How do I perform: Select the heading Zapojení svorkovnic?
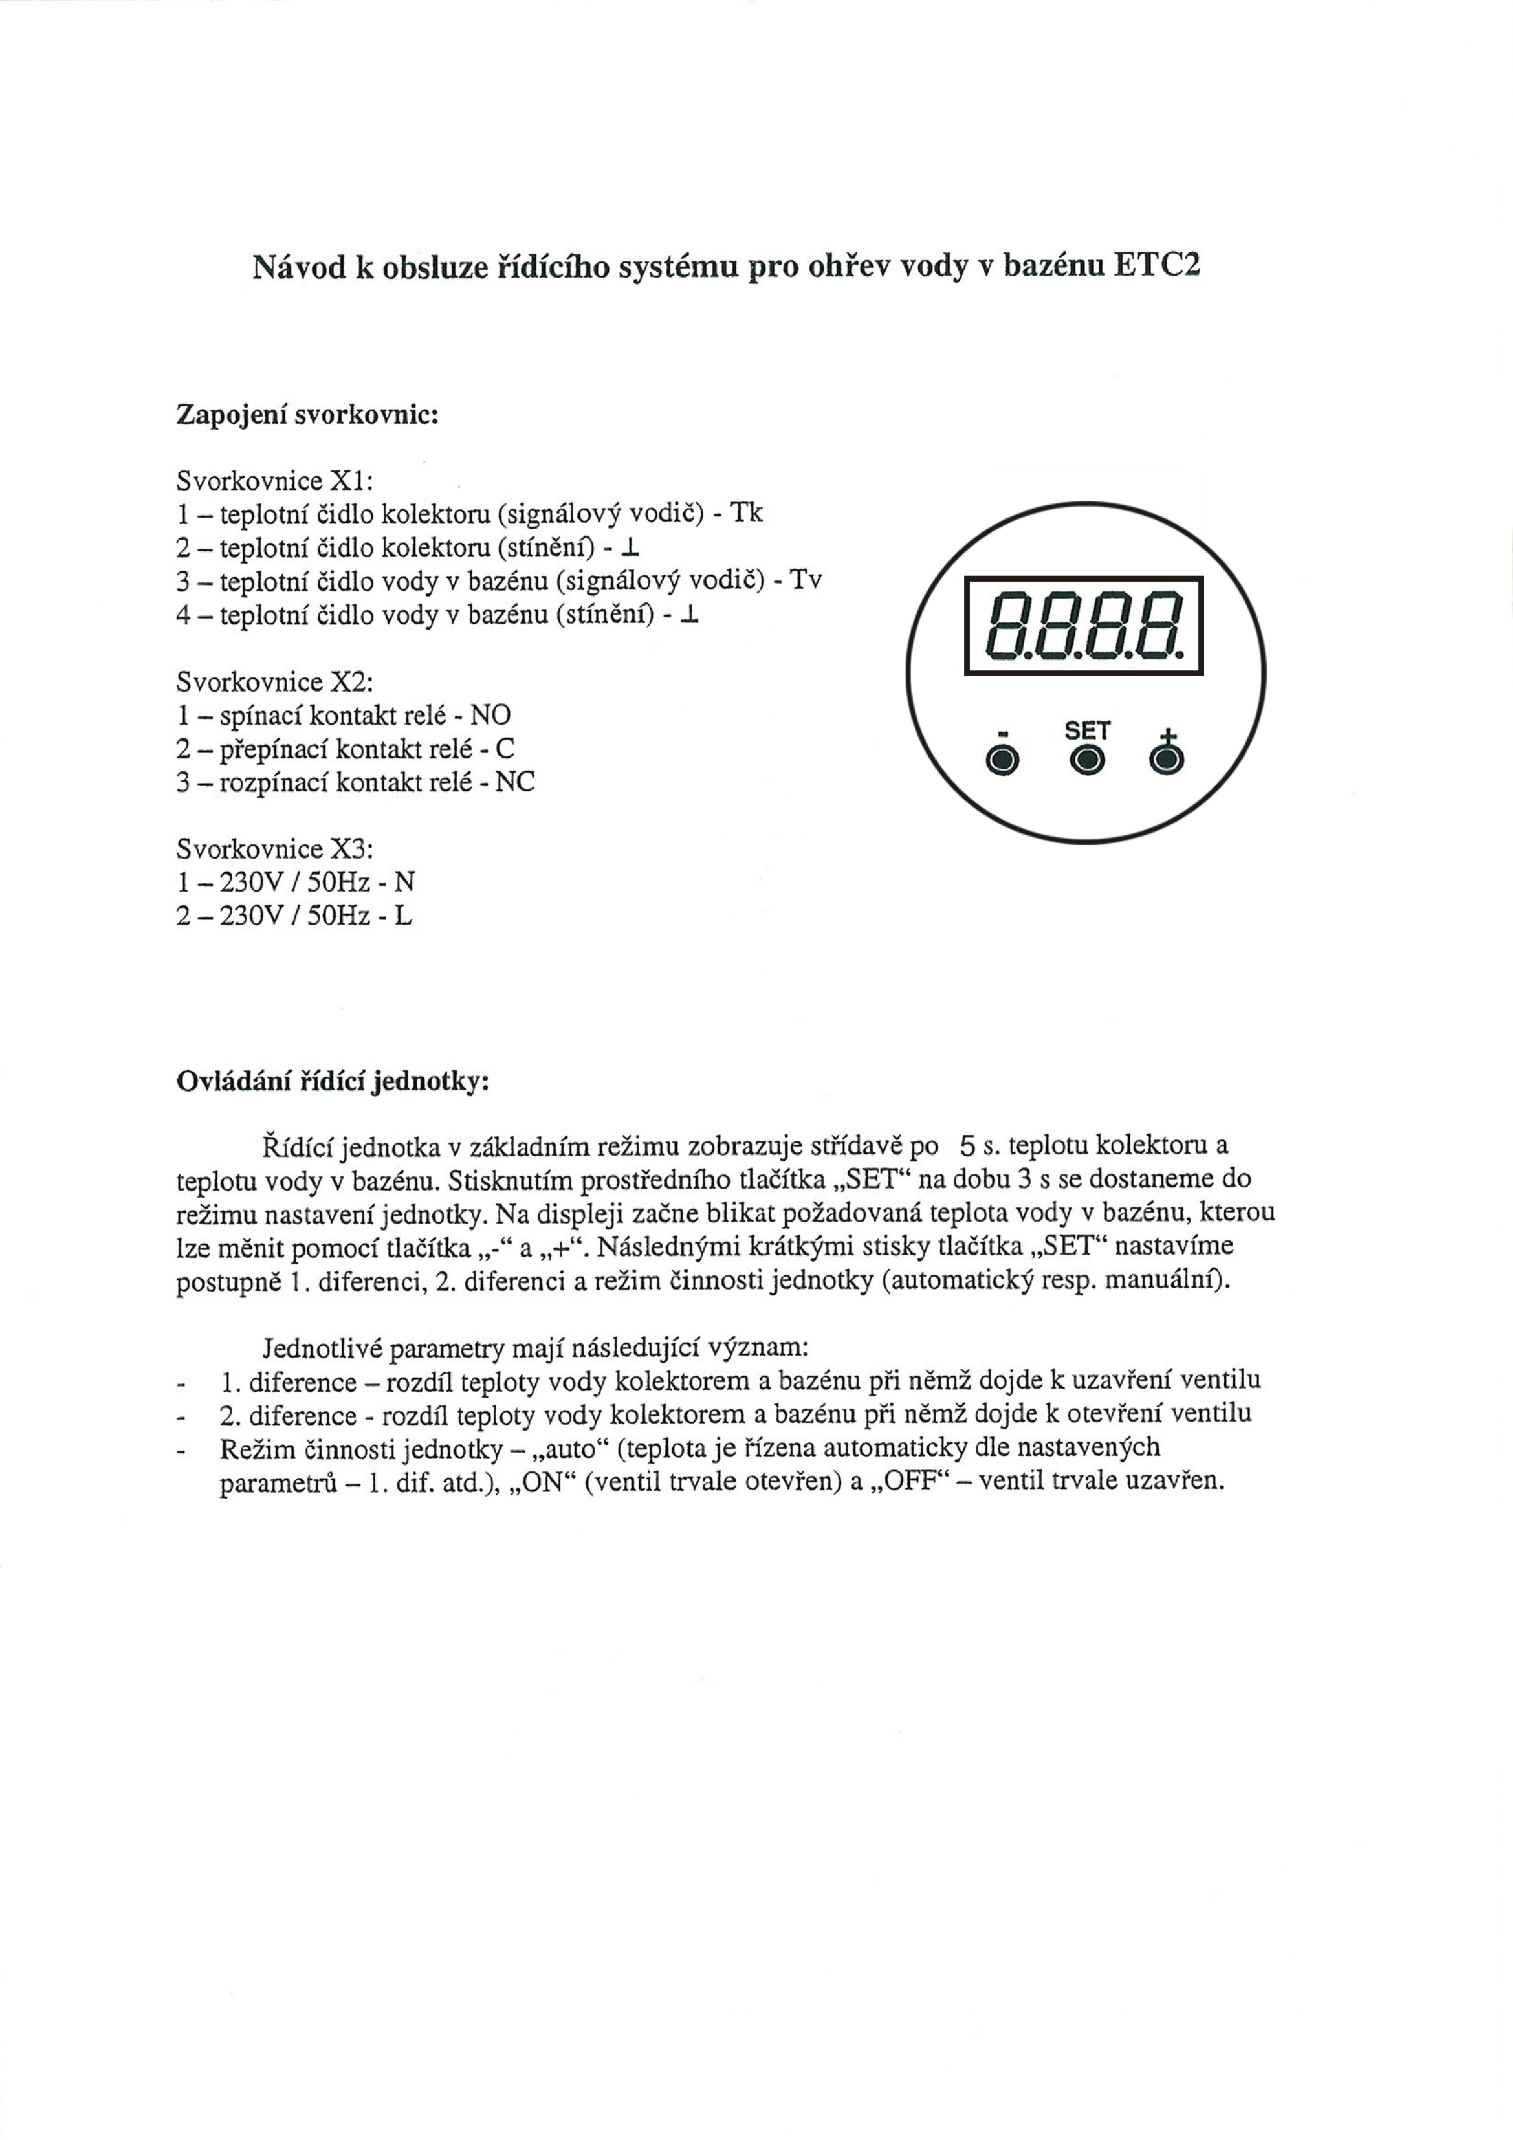307,415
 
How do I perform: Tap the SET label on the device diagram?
1087,731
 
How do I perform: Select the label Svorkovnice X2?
274,682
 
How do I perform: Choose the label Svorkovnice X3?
274,849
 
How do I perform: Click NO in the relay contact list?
490,716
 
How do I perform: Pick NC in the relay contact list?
515,782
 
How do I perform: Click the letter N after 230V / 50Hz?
405,882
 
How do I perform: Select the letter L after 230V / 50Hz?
403,916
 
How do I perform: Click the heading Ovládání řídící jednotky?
333,1082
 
